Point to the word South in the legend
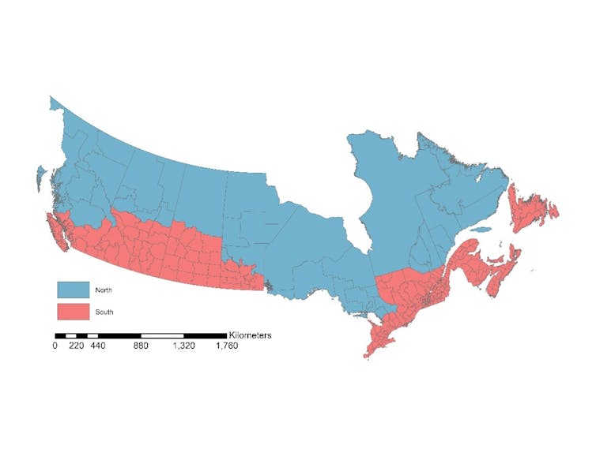pyautogui.click(x=104, y=312)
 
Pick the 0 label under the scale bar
pyautogui.click(x=55, y=346)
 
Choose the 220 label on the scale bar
pyautogui.click(x=76, y=346)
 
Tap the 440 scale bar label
pyautogui.click(x=98, y=346)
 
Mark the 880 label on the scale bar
pyautogui.click(x=141, y=346)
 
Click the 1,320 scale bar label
pyautogui.click(x=183, y=346)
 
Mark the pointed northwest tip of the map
pyautogui.click(x=53, y=100)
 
